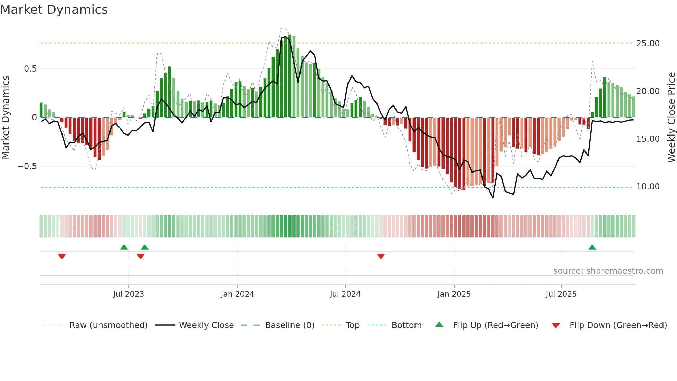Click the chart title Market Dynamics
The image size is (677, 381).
point(54,10)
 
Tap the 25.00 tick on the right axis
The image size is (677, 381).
point(648,44)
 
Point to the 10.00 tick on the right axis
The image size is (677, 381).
point(648,187)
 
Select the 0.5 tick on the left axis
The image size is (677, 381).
point(30,69)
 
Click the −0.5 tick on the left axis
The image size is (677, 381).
point(27,166)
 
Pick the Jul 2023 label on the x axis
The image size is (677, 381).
point(128,294)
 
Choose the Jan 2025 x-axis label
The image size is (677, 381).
point(454,294)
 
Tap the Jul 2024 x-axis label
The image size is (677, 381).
point(345,294)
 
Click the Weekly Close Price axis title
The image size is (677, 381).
point(671,118)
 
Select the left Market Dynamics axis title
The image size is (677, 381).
point(6,118)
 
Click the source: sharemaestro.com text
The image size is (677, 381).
point(608,271)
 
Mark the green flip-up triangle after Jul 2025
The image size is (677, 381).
point(592,248)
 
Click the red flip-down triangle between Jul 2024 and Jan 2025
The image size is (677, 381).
point(381,256)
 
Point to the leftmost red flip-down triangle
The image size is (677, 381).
point(62,256)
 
